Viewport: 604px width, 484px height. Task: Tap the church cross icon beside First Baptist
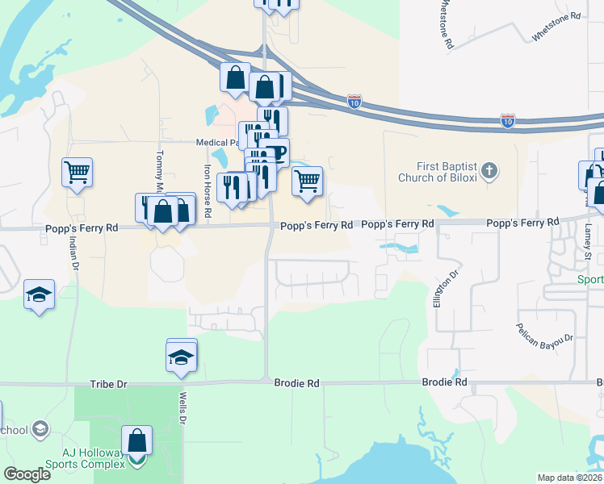(489, 171)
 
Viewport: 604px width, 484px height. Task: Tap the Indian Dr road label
(74, 252)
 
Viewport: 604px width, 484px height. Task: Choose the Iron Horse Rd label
(208, 192)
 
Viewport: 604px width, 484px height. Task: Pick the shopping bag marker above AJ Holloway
(136, 441)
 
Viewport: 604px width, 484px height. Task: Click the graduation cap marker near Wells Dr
(182, 357)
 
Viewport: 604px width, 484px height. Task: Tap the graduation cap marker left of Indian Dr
(39, 296)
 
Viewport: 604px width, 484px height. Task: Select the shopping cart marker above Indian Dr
(77, 172)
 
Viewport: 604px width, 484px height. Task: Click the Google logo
(27, 474)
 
